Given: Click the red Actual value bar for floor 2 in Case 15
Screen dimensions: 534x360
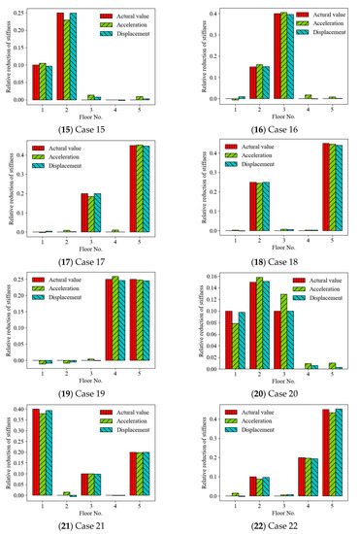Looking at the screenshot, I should click(x=60, y=57).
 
